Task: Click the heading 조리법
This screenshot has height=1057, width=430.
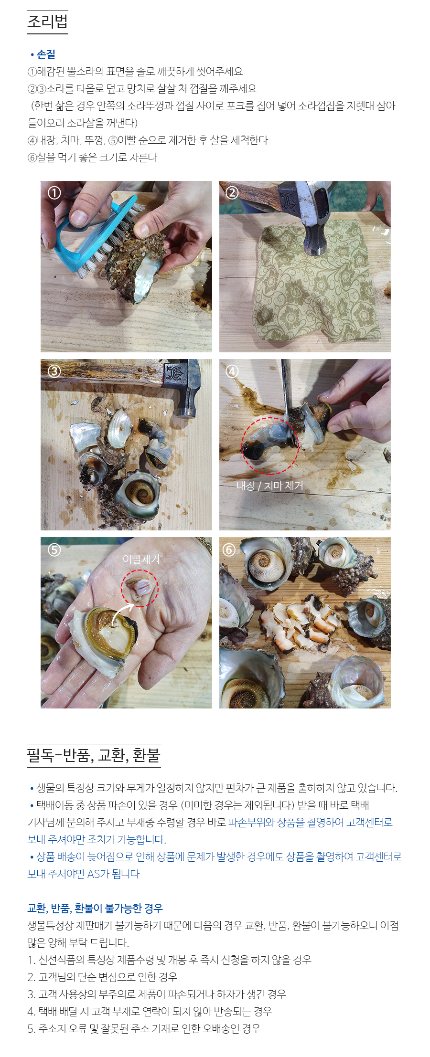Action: (x=47, y=22)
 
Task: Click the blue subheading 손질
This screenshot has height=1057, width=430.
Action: (x=46, y=55)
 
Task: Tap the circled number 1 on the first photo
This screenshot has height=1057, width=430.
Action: (x=54, y=192)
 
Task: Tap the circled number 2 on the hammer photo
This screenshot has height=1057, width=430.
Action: (x=232, y=192)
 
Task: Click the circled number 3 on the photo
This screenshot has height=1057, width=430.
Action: (x=54, y=371)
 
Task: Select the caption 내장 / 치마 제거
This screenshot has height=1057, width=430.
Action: (x=270, y=486)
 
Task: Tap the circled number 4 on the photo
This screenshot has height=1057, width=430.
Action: (x=232, y=371)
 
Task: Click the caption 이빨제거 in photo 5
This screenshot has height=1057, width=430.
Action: (x=141, y=559)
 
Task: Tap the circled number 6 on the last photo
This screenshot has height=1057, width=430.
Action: (x=229, y=550)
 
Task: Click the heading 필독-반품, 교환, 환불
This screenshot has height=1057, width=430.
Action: (x=94, y=755)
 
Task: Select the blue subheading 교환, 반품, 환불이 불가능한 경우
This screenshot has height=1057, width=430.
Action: (x=95, y=908)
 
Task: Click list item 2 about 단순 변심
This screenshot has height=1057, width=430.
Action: (x=102, y=977)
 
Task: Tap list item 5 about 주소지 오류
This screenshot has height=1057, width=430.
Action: (x=144, y=1028)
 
